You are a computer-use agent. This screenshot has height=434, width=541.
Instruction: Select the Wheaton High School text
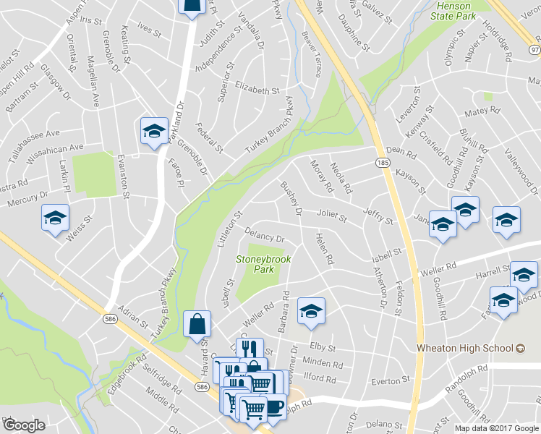point(466,348)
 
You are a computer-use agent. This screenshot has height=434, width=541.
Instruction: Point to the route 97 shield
point(534,49)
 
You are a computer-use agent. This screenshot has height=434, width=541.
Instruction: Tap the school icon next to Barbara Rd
point(312,310)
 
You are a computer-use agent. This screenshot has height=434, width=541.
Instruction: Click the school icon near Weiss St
point(56,219)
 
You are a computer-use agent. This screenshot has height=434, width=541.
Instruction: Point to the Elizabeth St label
point(256,90)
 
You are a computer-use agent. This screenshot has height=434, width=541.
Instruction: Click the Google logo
point(25,425)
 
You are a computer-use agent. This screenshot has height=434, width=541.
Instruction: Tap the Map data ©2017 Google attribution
point(496,428)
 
